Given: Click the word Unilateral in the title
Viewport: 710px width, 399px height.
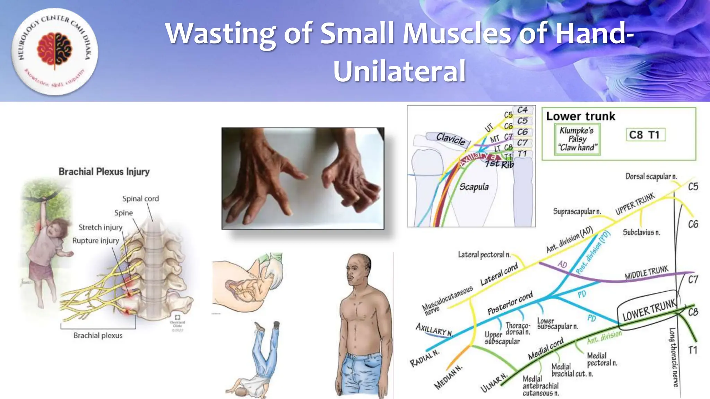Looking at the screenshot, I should coord(399,71).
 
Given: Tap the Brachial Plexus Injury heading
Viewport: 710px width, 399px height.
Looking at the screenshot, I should coord(104,172).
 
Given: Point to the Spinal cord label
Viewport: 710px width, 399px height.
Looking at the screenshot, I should coord(140,199).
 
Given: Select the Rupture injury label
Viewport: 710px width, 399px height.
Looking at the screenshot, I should coord(95,241).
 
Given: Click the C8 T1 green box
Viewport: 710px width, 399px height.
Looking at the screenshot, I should coord(645,135).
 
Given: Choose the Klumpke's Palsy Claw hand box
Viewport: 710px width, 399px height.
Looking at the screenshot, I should coord(577,139).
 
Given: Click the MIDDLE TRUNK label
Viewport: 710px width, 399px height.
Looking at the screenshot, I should coord(647,273).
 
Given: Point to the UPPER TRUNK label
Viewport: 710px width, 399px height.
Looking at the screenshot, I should coord(635,204).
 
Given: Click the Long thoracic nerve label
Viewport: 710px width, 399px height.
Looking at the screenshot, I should coord(674,357).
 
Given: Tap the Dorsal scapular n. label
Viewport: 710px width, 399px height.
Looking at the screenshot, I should coord(651,177).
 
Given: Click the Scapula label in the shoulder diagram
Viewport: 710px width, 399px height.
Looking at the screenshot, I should coord(474,187).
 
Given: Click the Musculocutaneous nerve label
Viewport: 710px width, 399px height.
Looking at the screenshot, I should coord(447,299).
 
